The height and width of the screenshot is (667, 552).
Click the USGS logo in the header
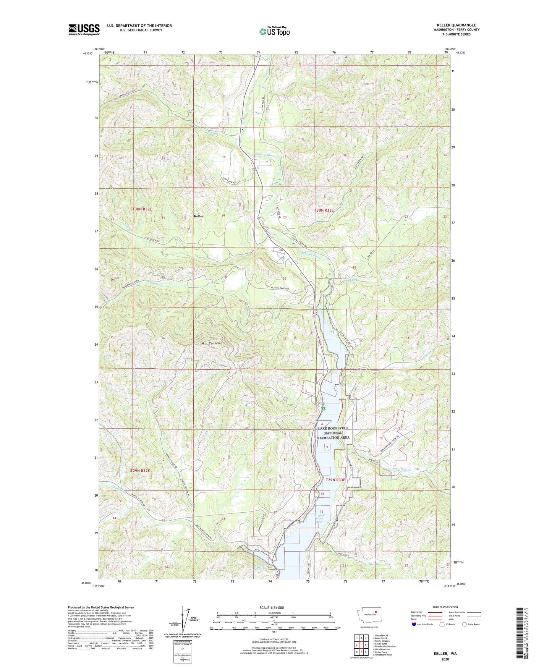pyautogui.click(x=84, y=29)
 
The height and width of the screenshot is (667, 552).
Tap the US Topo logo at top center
pyautogui.click(x=274, y=31)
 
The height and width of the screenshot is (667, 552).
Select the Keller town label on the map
pyautogui.click(x=199, y=216)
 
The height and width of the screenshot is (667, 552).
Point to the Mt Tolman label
pyautogui.click(x=212, y=343)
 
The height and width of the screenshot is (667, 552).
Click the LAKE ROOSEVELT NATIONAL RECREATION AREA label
pyautogui.click(x=333, y=433)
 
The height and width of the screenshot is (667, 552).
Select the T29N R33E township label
pyautogui.click(x=335, y=480)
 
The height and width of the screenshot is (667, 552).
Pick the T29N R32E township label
pyautogui.click(x=141, y=471)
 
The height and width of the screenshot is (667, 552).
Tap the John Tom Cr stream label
pyautogui.click(x=401, y=470)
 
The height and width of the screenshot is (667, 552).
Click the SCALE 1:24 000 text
pyautogui.click(x=272, y=608)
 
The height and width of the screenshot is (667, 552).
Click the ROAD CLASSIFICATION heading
pyautogui.click(x=445, y=607)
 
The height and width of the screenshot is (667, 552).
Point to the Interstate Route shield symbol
pyautogui.click(x=414, y=624)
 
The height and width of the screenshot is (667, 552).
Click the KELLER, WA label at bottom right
pyautogui.click(x=445, y=654)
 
